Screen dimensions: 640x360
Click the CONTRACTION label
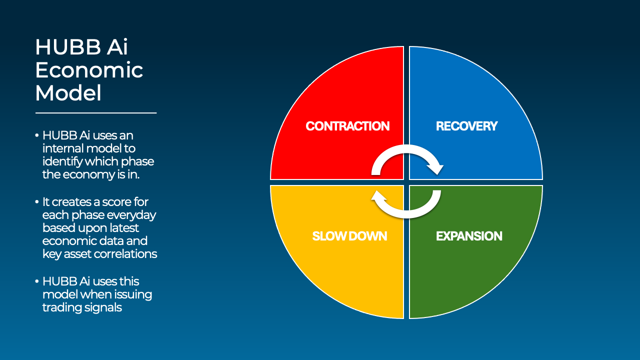[347, 126]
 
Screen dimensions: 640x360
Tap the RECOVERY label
[466, 126]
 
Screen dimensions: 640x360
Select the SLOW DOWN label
[349, 236]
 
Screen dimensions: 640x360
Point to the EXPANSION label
[469, 236]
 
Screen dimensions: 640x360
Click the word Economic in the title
[89, 70]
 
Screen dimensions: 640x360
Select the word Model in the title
[68, 93]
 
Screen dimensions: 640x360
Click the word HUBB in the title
[67, 47]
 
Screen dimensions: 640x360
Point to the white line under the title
[96, 113]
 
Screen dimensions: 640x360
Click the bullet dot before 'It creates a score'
[37, 202]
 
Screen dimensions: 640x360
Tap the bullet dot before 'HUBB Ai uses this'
[37, 281]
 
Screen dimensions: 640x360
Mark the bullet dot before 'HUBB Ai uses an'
[37, 135]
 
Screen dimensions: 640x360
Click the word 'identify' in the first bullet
[62, 162]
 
